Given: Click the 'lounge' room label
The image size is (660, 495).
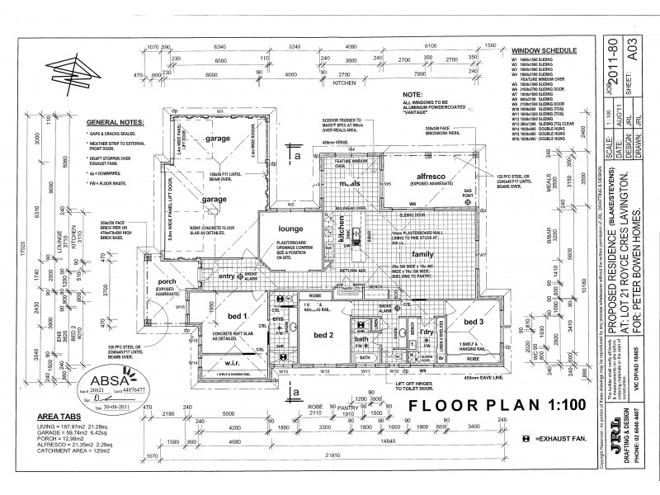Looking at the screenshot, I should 279,229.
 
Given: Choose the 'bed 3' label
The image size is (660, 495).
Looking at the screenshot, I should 474,322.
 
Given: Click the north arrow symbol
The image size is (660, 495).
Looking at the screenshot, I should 70,72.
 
